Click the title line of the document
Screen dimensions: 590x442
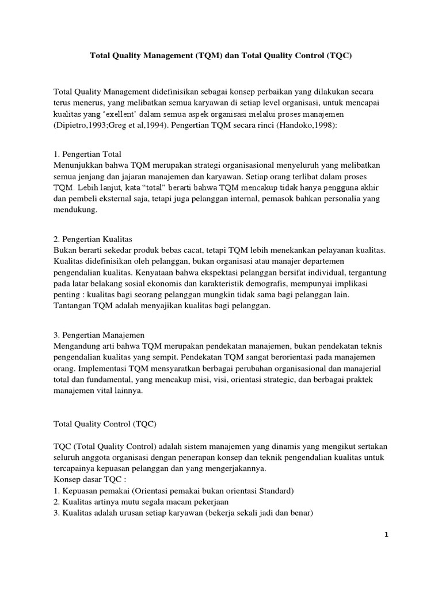coord(221,57)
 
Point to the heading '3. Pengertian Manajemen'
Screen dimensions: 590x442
coord(98,335)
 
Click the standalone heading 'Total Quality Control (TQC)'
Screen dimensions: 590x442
coord(105,423)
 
